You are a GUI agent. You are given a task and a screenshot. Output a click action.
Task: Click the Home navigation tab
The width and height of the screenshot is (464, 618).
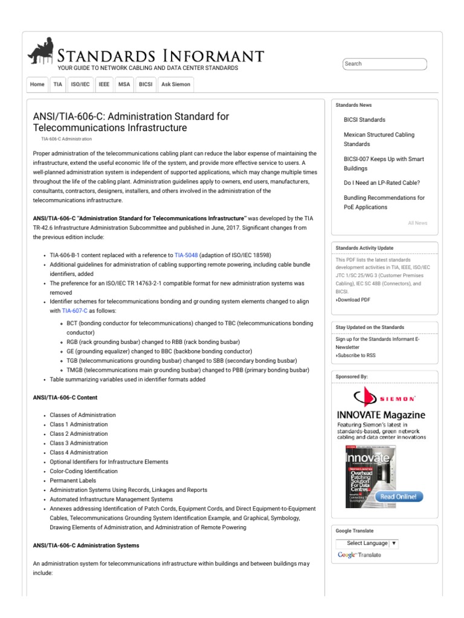click(x=37, y=84)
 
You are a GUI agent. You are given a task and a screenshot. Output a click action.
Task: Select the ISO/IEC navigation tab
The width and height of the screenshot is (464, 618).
click(x=80, y=84)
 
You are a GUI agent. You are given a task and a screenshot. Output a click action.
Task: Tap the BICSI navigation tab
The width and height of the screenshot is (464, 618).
click(x=146, y=84)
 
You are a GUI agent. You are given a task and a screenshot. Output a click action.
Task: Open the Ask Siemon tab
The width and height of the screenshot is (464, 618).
click(x=176, y=84)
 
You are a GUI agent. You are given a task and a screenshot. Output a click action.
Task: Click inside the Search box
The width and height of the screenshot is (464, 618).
click(x=384, y=64)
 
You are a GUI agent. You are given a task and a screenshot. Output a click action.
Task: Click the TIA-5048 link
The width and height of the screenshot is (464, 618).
click(x=186, y=255)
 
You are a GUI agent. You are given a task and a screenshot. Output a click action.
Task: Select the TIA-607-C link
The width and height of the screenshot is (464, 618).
click(x=75, y=311)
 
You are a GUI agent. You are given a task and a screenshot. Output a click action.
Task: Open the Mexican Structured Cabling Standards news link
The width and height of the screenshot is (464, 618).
click(x=379, y=139)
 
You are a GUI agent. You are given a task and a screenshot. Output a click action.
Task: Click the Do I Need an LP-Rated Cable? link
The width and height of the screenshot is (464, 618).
click(x=381, y=182)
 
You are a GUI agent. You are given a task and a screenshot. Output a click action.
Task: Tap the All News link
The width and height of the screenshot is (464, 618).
click(x=417, y=223)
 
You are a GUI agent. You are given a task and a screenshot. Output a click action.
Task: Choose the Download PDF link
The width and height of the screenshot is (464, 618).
click(x=354, y=299)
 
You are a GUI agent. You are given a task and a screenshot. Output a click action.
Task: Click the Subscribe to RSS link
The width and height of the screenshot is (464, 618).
click(x=356, y=355)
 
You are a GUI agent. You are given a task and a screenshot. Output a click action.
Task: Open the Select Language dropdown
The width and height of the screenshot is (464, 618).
click(x=368, y=543)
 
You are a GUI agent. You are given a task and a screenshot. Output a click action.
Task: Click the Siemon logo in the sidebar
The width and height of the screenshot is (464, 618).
click(x=384, y=398)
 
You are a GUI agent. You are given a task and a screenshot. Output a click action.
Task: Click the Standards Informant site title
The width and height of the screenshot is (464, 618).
click(x=160, y=56)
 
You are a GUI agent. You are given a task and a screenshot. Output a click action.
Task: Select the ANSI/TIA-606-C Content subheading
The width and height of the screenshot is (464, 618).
click(x=65, y=398)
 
